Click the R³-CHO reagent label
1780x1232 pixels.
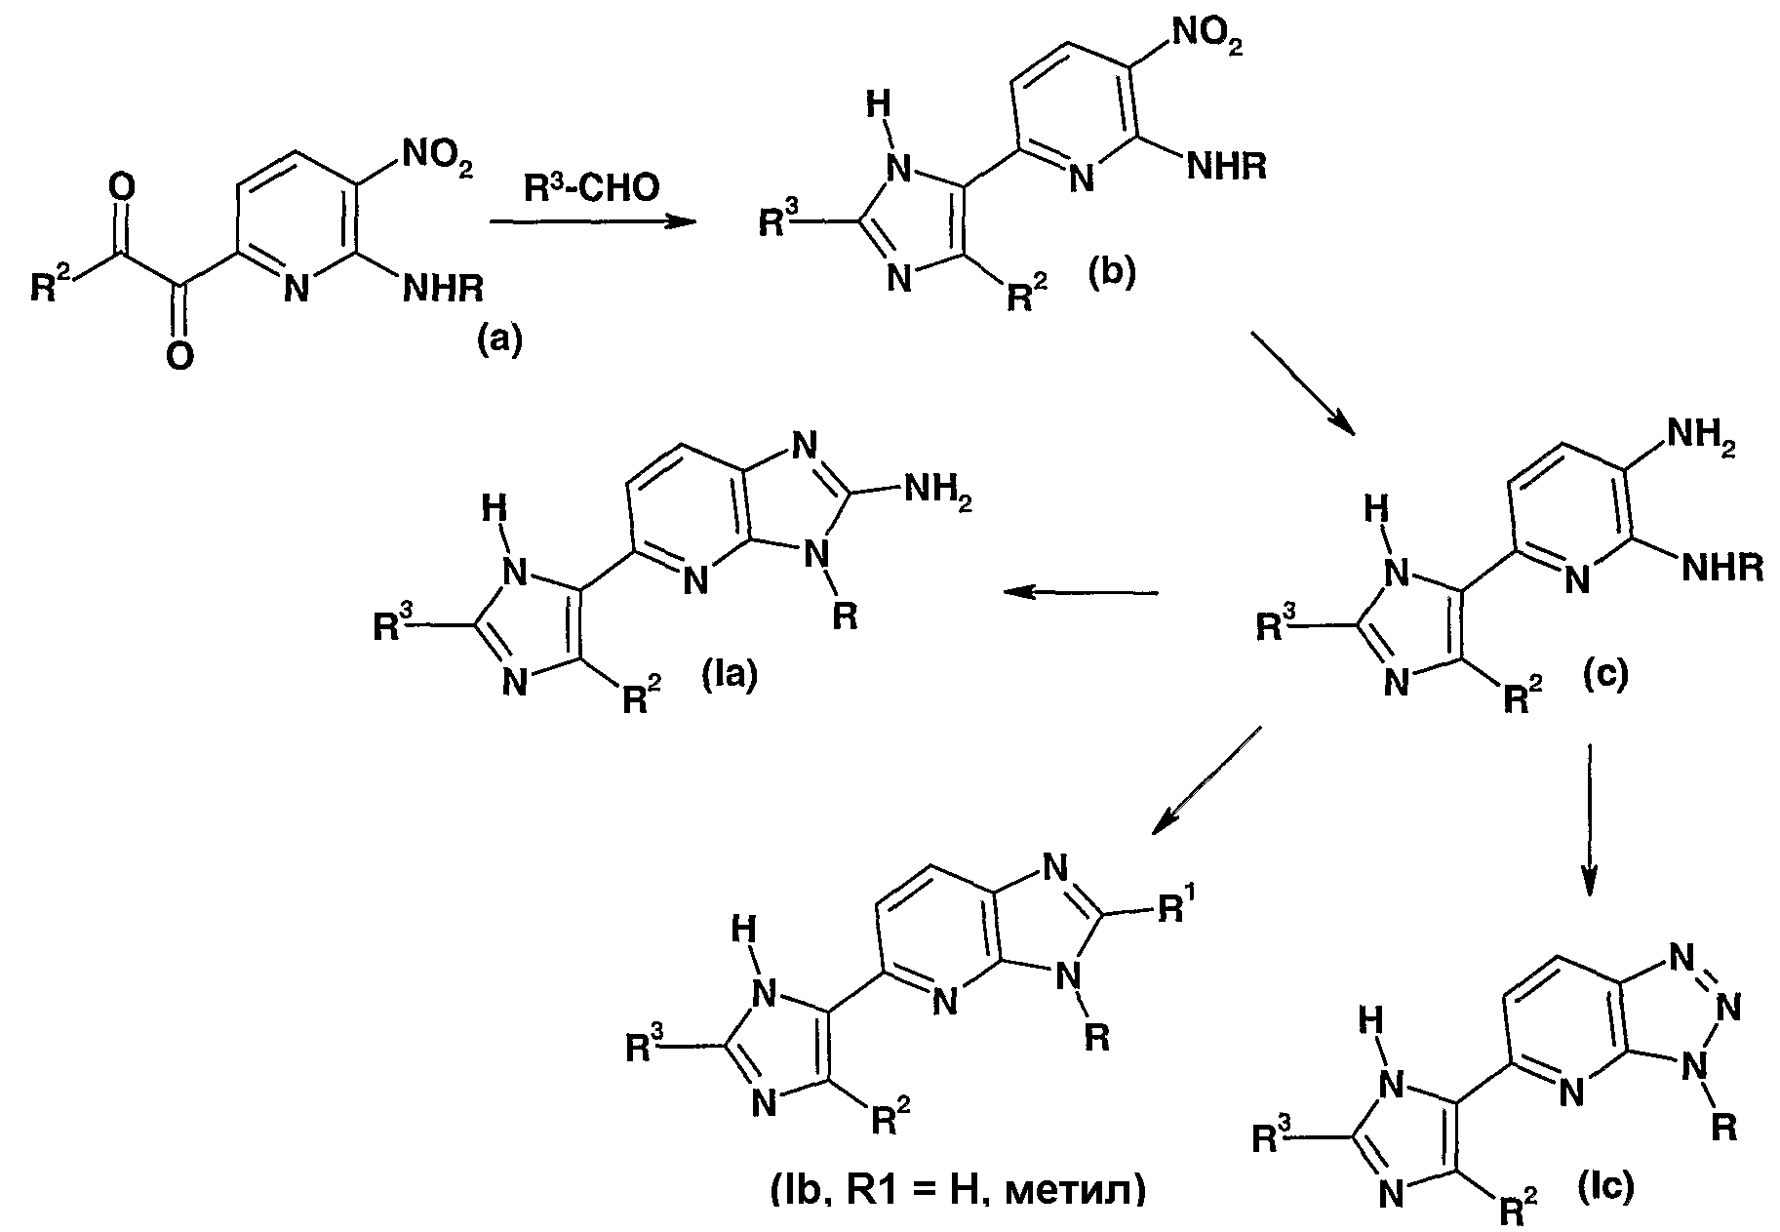[x=591, y=187]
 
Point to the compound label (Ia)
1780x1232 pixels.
[x=730, y=675]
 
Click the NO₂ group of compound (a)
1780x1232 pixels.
[x=435, y=158]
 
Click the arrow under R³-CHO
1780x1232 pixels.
[x=593, y=222]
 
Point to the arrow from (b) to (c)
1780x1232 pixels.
[x=1303, y=383]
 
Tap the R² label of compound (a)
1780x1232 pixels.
[x=51, y=287]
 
